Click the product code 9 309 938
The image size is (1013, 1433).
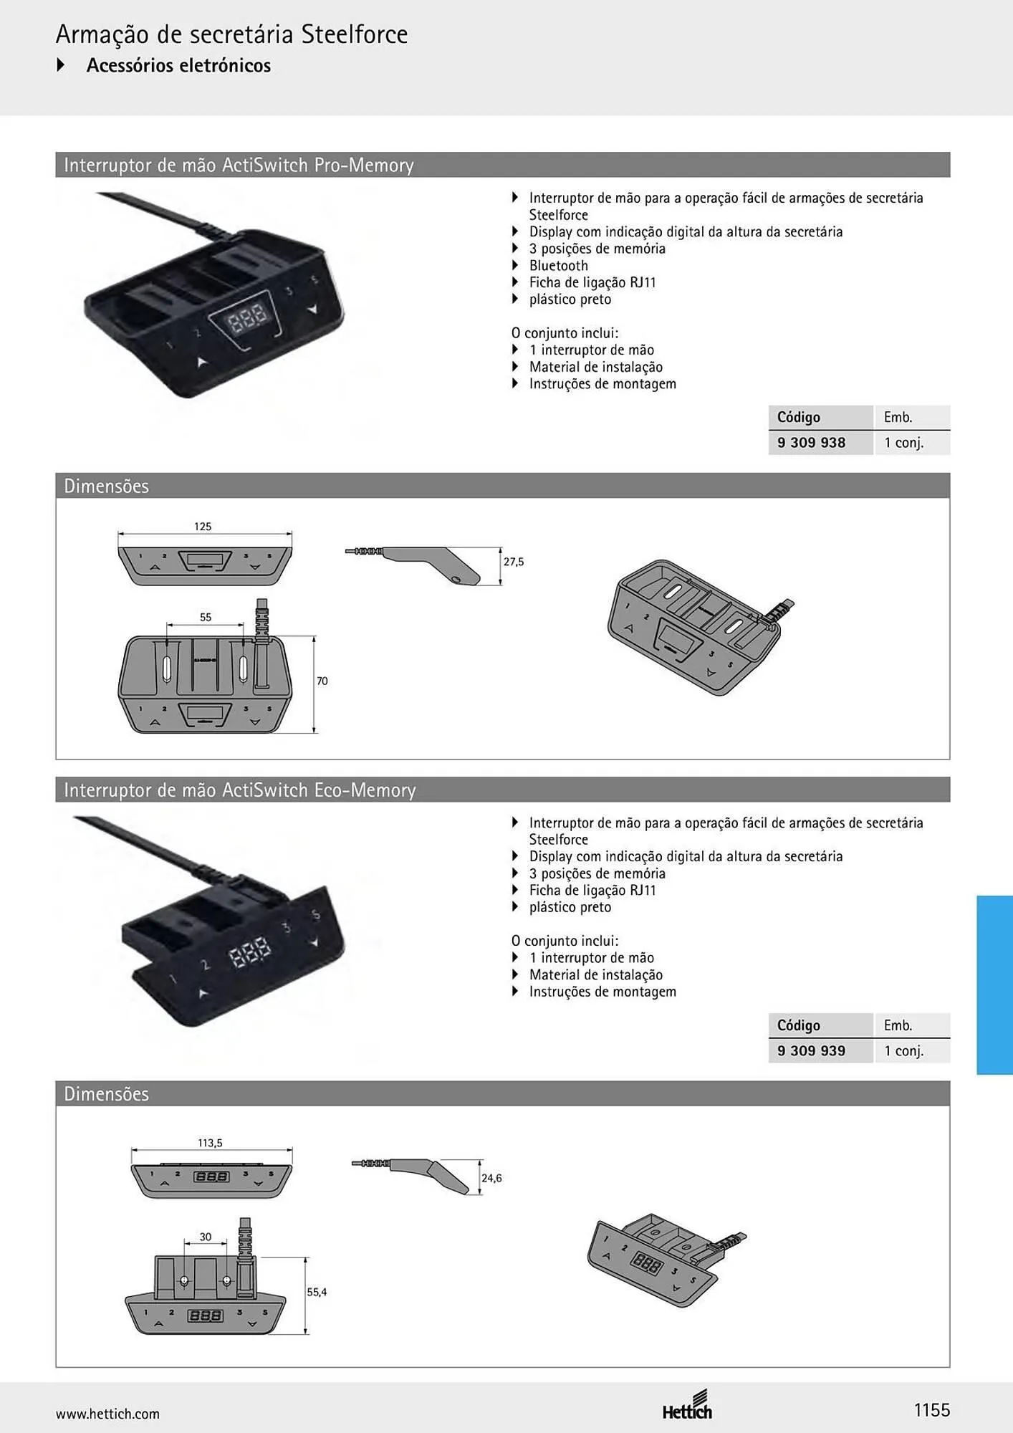pyautogui.click(x=811, y=443)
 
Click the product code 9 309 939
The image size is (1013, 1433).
pyautogui.click(x=811, y=1051)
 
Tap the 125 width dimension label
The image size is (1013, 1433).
pyautogui.click(x=203, y=527)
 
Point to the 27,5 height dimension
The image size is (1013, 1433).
pyautogui.click(x=514, y=562)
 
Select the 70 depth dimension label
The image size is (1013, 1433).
pyautogui.click(x=322, y=681)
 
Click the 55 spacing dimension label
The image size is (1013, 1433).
pyautogui.click(x=206, y=617)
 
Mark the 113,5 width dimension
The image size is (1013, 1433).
pyautogui.click(x=210, y=1143)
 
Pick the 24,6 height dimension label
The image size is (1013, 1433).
pyautogui.click(x=491, y=1178)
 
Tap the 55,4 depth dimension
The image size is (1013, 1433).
pyautogui.click(x=317, y=1292)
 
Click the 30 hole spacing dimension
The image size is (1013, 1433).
pyautogui.click(x=206, y=1237)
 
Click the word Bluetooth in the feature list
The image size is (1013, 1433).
pyautogui.click(x=558, y=266)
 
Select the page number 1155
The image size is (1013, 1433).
pyautogui.click(x=932, y=1410)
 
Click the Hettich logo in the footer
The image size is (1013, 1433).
pyautogui.click(x=687, y=1405)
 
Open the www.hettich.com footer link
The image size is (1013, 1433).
pyautogui.click(x=107, y=1414)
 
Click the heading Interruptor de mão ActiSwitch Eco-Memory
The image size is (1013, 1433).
pyautogui.click(x=239, y=790)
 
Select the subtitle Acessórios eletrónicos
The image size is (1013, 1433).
pyautogui.click(x=178, y=65)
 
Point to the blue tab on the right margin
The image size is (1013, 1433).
pyautogui.click(x=994, y=984)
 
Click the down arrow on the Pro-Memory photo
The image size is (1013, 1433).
pyautogui.click(x=311, y=310)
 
